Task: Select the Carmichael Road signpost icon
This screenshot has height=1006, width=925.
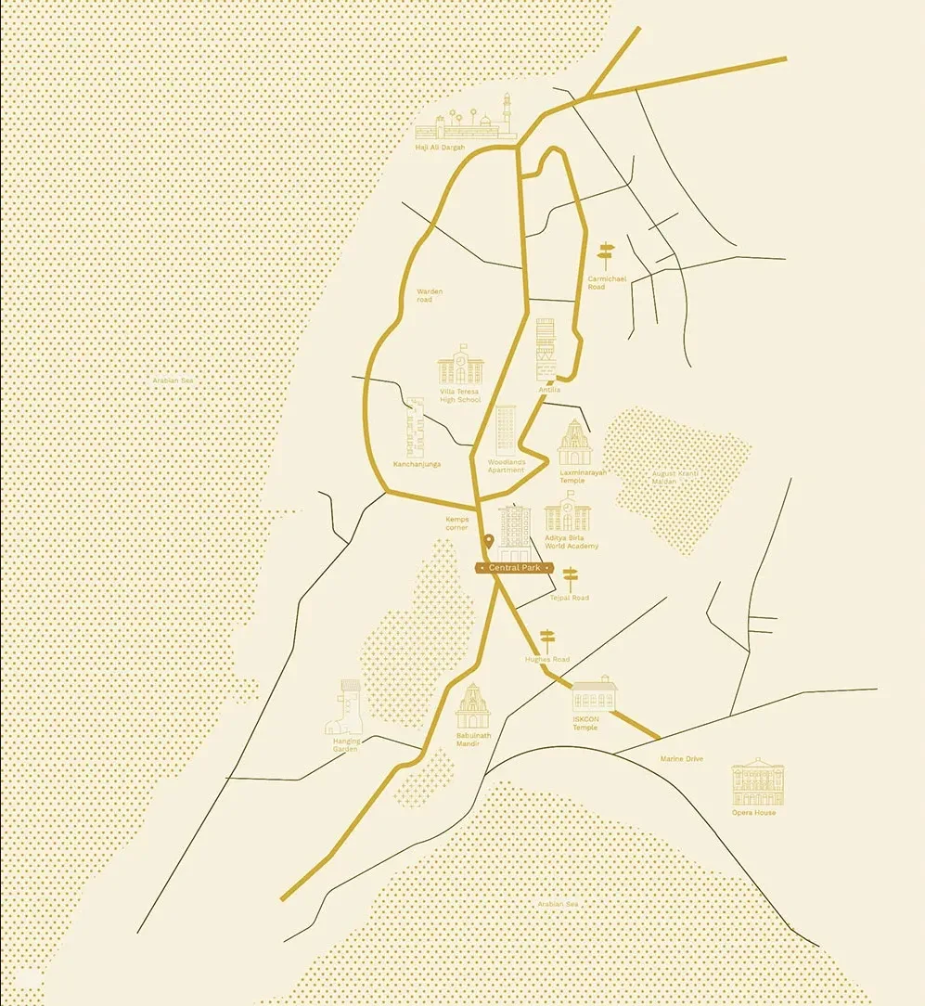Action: click(606, 255)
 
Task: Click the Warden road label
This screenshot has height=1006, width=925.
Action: click(430, 295)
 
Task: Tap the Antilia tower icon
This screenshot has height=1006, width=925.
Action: click(546, 349)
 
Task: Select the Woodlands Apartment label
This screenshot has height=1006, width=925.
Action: click(507, 466)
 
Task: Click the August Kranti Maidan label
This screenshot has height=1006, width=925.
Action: click(675, 478)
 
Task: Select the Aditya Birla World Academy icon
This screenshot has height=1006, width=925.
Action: click(566, 512)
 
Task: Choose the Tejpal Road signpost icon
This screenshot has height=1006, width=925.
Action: click(570, 579)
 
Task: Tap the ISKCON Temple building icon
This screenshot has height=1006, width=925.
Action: click(594, 694)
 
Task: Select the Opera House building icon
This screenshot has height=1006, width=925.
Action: click(757, 782)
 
